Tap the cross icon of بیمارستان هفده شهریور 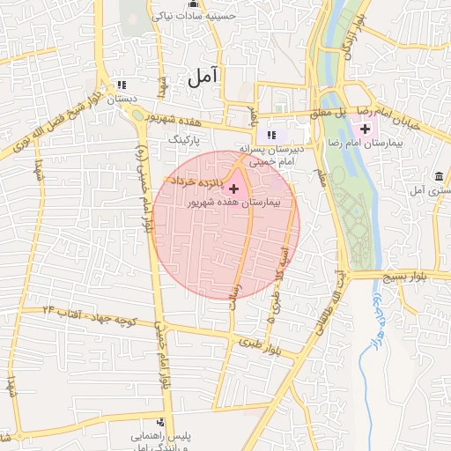point(233,189)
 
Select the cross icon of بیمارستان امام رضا point(366,129)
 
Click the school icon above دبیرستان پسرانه point(271,135)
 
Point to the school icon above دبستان point(122,85)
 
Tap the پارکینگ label point(185,139)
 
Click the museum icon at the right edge point(439,175)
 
